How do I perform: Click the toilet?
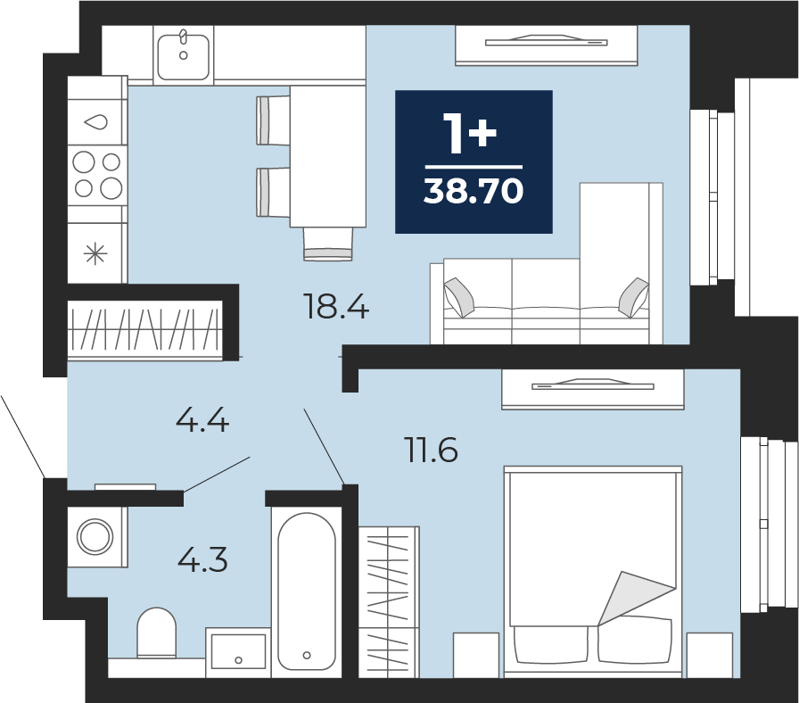click(x=156, y=633)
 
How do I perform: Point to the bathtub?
click(x=306, y=591)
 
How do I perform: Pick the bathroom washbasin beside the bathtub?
click(x=238, y=652)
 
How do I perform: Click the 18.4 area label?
click(x=335, y=307)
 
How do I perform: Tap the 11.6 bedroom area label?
click(x=432, y=450)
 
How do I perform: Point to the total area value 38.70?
click(x=474, y=192)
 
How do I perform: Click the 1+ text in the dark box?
click(x=469, y=133)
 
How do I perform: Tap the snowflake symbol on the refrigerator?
click(x=95, y=254)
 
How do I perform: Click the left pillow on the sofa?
click(x=458, y=297)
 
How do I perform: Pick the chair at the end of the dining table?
click(x=328, y=244)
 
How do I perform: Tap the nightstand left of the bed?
click(x=476, y=655)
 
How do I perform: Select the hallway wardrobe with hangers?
click(x=145, y=330)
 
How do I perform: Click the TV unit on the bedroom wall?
click(x=593, y=389)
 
